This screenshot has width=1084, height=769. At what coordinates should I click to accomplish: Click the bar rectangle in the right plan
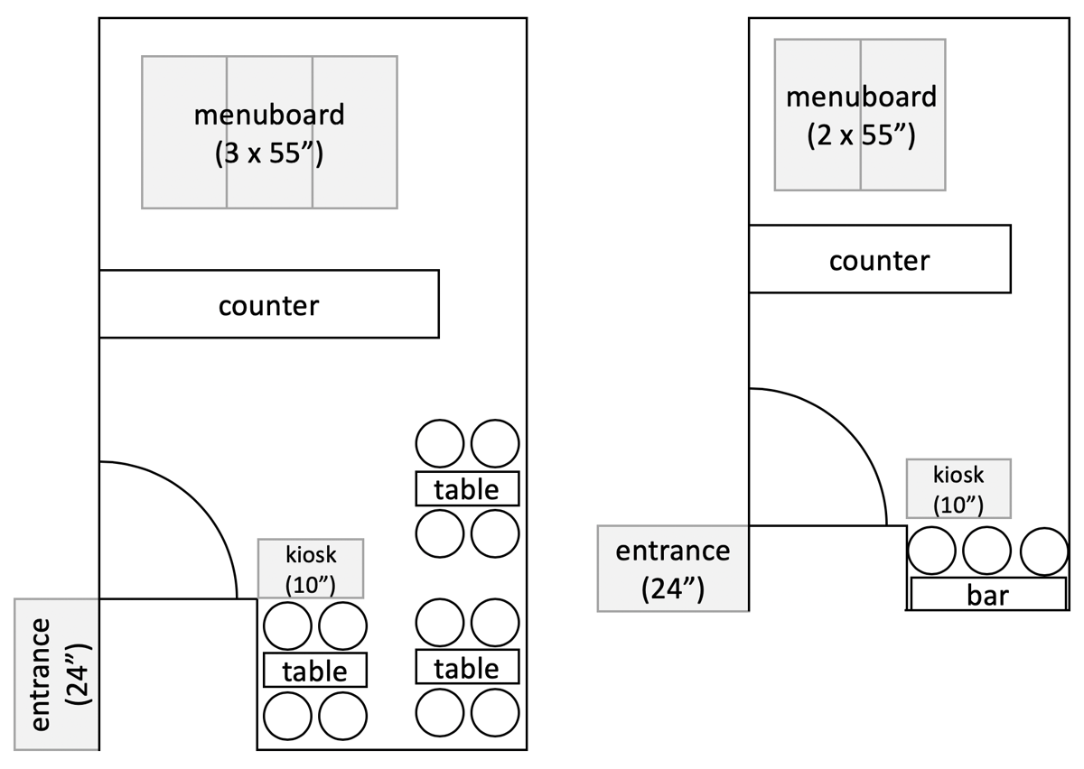tap(987, 595)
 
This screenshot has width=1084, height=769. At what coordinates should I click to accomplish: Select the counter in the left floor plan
tap(268, 304)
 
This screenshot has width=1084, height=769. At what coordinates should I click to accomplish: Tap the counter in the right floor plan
tap(879, 259)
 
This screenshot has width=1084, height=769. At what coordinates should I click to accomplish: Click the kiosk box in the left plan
tap(311, 568)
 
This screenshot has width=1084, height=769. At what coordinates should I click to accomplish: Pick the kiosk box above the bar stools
tap(958, 487)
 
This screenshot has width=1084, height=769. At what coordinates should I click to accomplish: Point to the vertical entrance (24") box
tap(56, 673)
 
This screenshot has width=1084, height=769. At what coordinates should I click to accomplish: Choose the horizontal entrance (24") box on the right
tap(673, 568)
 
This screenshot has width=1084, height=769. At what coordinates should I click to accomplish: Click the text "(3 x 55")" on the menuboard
tap(269, 153)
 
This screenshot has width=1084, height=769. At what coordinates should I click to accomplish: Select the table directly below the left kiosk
tap(314, 670)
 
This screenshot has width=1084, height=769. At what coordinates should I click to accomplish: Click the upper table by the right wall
tap(467, 488)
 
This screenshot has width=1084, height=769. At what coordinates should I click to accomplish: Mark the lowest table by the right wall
tap(467, 667)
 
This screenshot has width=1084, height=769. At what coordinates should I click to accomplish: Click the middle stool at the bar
tap(986, 551)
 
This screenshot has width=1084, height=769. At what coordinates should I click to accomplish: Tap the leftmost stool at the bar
tap(931, 551)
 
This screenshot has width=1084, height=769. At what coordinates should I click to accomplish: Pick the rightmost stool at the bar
tap(1043, 551)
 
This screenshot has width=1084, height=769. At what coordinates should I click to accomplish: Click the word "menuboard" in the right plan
tap(861, 97)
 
